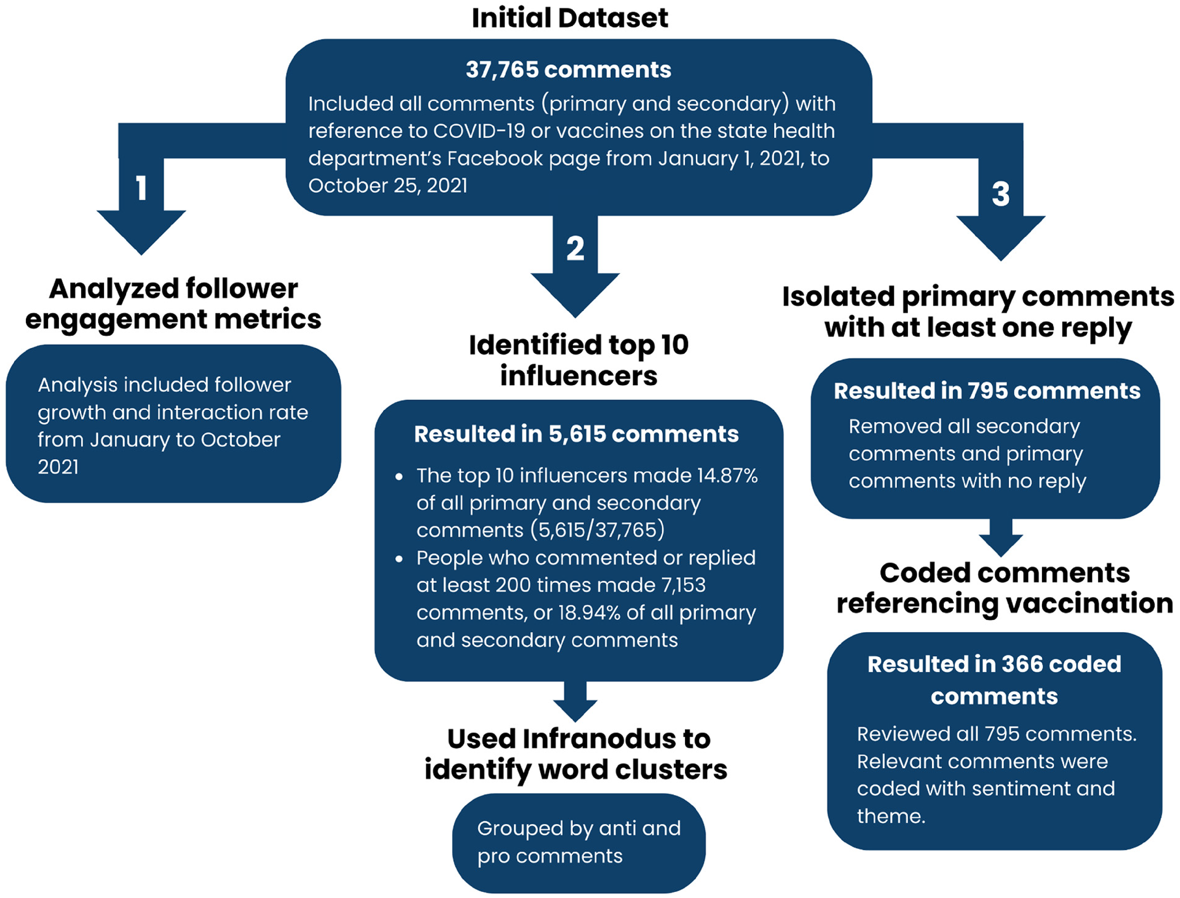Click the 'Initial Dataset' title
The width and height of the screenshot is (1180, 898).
coord(570,18)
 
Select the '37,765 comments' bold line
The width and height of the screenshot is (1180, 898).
coord(568,69)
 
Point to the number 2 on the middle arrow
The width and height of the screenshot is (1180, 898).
coord(575,248)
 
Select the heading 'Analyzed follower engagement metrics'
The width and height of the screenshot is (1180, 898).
coord(173,304)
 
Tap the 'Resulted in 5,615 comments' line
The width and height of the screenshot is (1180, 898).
coord(576,434)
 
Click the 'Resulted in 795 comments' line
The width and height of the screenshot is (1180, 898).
coord(987,391)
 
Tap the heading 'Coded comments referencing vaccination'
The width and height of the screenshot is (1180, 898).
coord(1005,588)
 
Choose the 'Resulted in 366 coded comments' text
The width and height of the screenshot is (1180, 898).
coord(994,680)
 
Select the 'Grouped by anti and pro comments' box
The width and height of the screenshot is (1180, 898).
coord(579,843)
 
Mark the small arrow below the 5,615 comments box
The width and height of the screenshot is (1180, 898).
coord(575,701)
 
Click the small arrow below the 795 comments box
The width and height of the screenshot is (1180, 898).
coord(1001,537)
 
